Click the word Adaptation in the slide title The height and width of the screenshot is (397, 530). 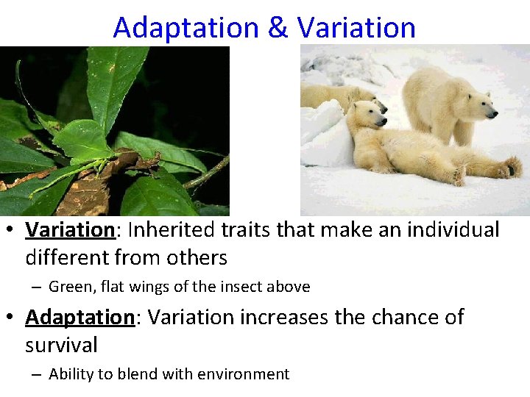[x=186, y=28]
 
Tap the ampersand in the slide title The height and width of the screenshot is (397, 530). [x=278, y=28]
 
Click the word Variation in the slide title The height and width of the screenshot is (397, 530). [x=356, y=28]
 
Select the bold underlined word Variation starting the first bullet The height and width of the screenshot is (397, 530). [x=70, y=230]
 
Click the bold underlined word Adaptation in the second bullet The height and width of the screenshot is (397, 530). [x=79, y=318]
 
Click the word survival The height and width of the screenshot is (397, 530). [x=61, y=345]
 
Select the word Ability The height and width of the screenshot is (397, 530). [x=72, y=374]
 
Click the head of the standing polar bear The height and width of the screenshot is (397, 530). [x=479, y=108]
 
